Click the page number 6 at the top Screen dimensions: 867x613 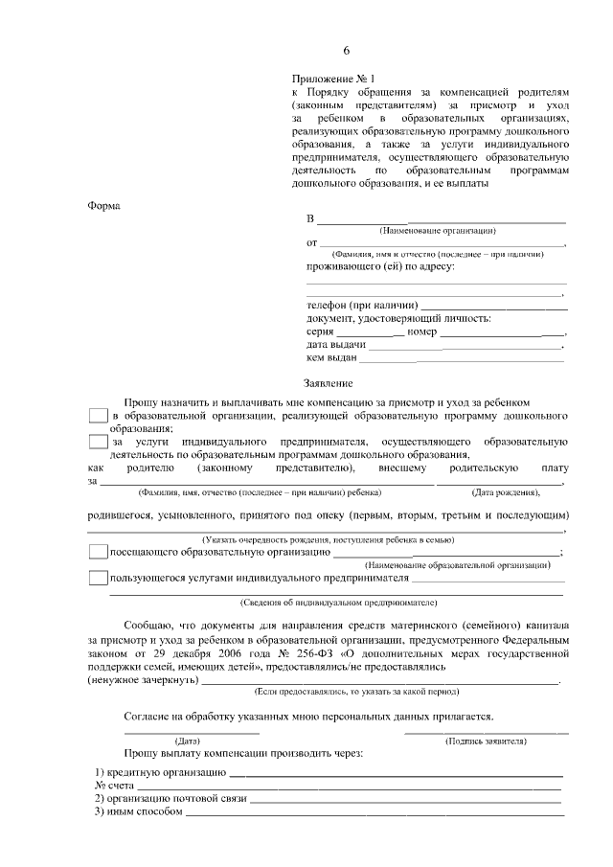347,51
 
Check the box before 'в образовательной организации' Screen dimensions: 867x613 97,417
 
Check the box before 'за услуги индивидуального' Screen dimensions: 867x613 97,442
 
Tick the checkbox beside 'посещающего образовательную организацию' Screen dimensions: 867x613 97,552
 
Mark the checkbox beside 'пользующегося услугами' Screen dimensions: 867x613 97,579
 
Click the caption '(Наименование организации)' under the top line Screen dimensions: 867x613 437,231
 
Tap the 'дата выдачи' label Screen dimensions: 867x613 335,345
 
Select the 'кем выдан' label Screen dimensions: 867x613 331,358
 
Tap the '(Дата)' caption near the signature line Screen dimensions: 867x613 187,742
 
